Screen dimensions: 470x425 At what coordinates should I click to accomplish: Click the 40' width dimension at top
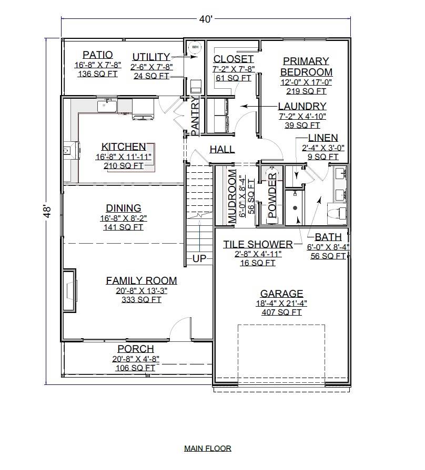(x=206, y=19)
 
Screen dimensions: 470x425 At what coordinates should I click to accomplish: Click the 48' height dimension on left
(x=47, y=211)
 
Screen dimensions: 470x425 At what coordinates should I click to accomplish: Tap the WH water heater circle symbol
(x=195, y=48)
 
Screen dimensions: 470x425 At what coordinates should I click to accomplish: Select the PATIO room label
(x=97, y=55)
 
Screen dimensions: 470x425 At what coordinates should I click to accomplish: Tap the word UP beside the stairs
(x=199, y=259)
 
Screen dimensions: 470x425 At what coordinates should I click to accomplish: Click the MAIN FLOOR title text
(x=207, y=448)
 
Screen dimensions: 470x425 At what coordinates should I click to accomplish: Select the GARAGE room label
(x=281, y=294)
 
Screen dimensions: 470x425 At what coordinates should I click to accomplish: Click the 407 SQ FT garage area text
(x=281, y=312)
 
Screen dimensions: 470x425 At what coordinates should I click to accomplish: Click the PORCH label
(x=136, y=349)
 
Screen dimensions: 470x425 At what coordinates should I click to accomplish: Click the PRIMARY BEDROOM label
(x=306, y=66)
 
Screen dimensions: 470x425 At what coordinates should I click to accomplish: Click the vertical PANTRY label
(x=194, y=114)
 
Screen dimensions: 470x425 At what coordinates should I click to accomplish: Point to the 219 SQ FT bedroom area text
(x=306, y=91)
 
